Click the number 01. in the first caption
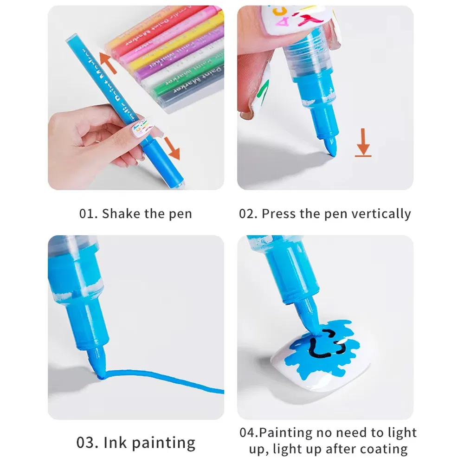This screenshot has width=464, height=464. (89, 214)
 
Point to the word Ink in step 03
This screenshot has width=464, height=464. (115, 442)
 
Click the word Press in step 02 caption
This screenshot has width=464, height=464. (279, 214)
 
